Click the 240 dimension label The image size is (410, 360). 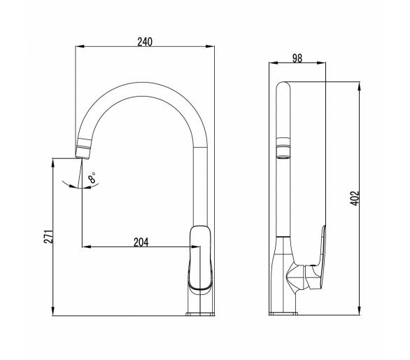[x=145, y=41]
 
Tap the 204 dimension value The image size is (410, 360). [x=141, y=242]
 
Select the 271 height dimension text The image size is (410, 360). [x=48, y=237]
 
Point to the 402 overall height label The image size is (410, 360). [x=355, y=198]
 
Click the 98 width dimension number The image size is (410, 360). [x=297, y=58]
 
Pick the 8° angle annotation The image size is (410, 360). [x=92, y=178]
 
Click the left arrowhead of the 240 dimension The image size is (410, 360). [x=80, y=46]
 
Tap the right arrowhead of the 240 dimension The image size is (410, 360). [x=210, y=46]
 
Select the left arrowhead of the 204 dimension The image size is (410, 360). [x=87, y=247]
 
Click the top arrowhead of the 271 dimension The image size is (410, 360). [x=53, y=163]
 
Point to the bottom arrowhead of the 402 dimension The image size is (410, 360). [x=360, y=310]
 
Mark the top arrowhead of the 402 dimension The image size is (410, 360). [x=360, y=86]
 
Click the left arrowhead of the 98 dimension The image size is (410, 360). [x=274, y=62]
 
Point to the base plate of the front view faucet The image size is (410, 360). [x=200, y=314]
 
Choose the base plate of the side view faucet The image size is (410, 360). [x=283, y=314]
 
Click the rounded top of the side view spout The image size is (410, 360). [x=283, y=84]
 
